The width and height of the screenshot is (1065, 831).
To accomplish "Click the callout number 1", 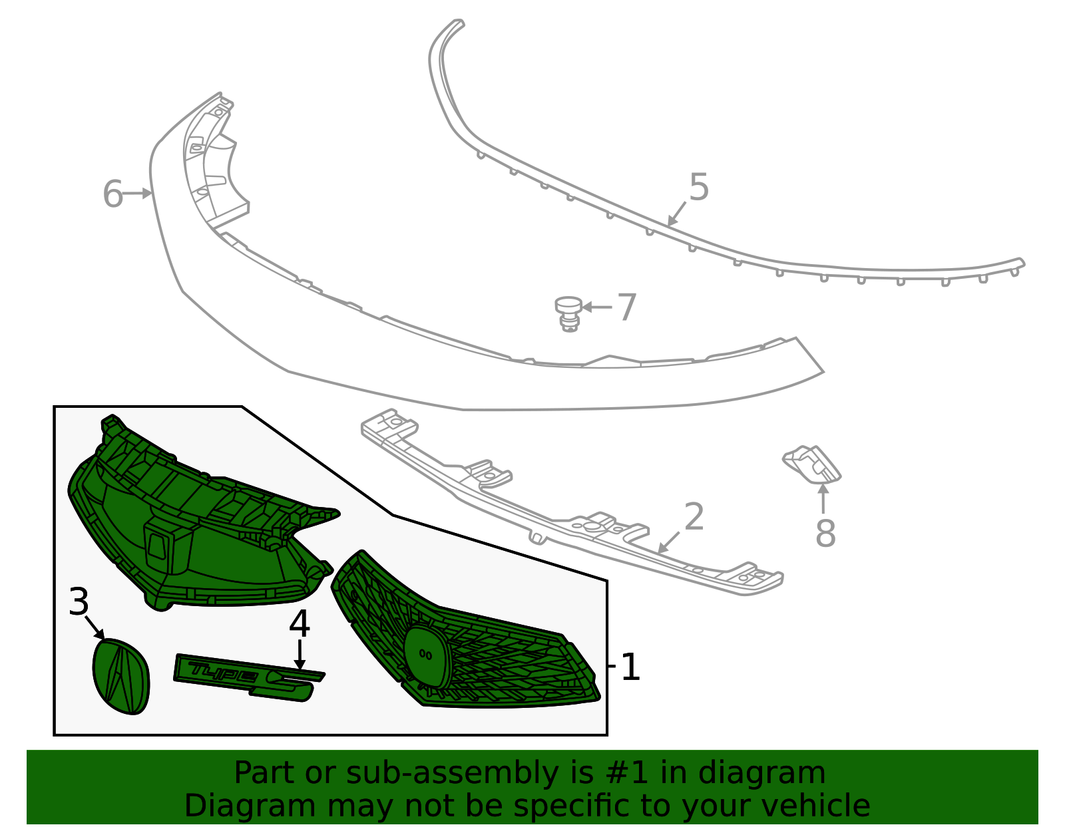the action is (x=630, y=667).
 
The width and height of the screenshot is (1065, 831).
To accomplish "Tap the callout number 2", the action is (x=694, y=516).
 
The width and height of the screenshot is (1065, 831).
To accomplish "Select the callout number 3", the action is (x=79, y=602).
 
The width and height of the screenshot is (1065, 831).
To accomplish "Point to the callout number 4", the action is (x=300, y=624).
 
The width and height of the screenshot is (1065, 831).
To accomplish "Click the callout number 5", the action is (x=699, y=187).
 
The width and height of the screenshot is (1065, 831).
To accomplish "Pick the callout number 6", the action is (x=112, y=194).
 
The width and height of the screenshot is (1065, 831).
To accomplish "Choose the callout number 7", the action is (x=627, y=307).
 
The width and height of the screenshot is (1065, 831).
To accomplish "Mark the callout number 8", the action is (x=825, y=534).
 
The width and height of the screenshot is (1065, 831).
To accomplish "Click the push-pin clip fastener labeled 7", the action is (x=568, y=314).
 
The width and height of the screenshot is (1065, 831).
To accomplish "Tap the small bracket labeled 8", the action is (x=811, y=464).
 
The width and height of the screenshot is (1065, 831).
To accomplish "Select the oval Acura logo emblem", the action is (x=121, y=676).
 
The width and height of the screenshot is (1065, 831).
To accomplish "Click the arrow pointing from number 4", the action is (x=300, y=655).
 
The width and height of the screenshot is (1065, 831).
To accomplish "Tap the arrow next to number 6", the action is (x=136, y=194).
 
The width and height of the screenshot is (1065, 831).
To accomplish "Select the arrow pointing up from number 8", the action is (x=823, y=498).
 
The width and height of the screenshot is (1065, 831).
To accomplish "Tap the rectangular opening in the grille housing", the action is (x=157, y=547).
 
